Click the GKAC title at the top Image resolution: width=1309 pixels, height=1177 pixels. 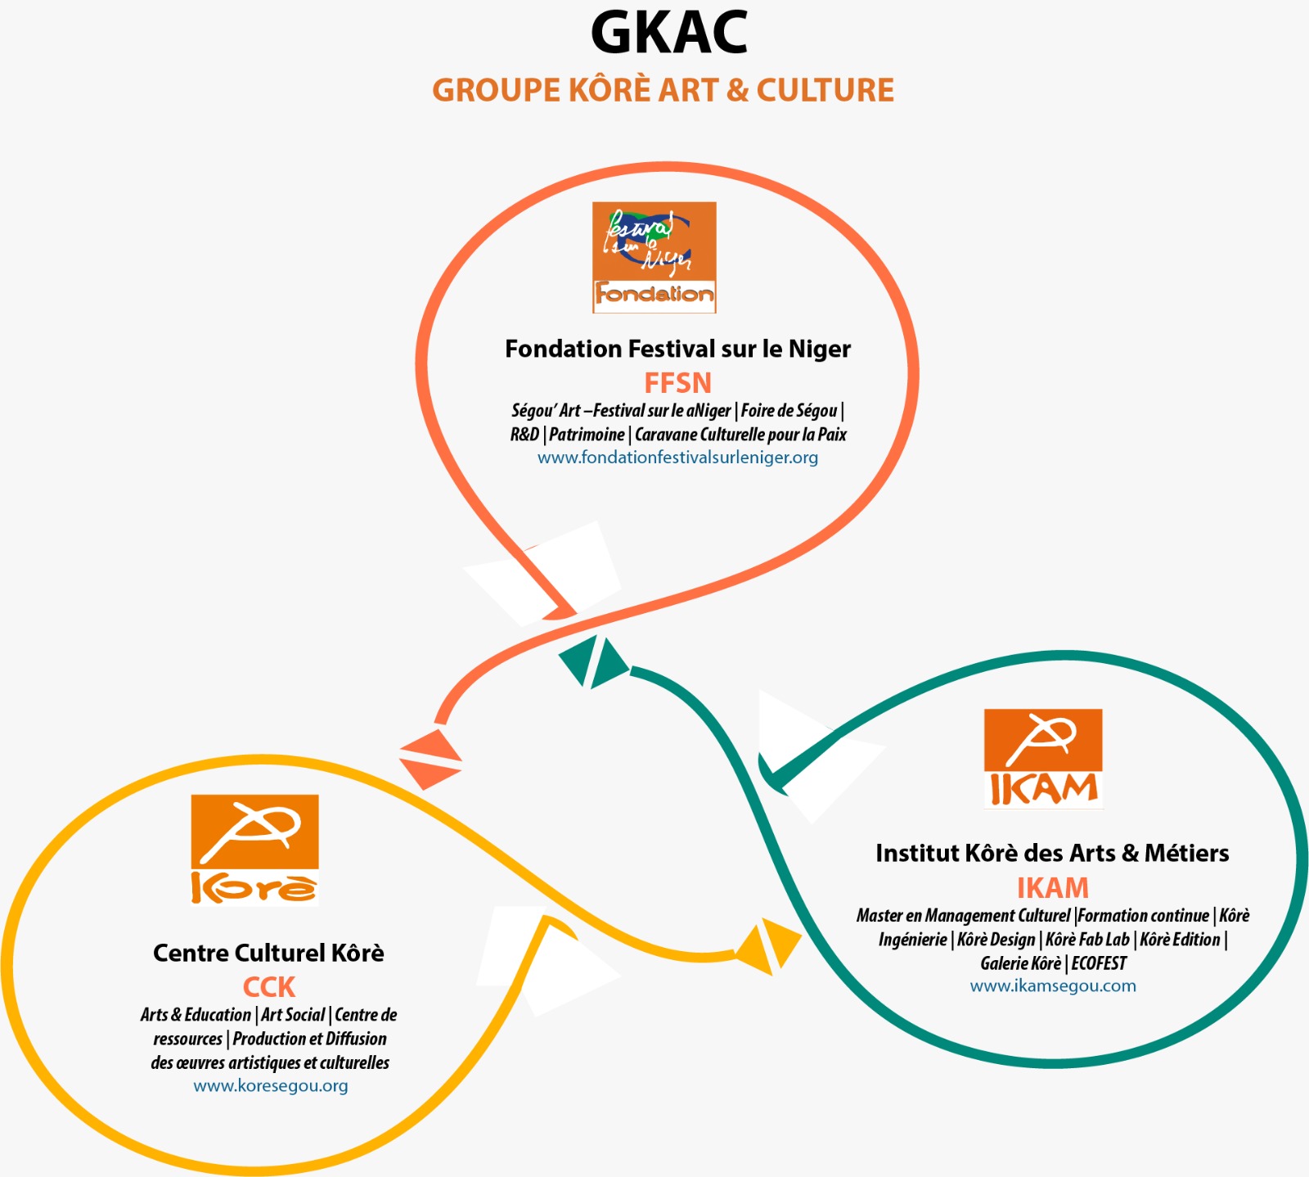pos(668,34)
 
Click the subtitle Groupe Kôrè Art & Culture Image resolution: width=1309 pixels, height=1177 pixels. pos(663,90)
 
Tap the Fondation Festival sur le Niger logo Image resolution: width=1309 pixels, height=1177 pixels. pos(654,257)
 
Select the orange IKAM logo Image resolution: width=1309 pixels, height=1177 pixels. pos(1042,759)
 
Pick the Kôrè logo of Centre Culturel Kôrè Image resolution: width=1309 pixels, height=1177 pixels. pos(254,850)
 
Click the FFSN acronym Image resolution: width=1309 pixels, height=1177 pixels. pos(677,383)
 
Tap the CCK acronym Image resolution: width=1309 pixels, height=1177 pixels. pos(268,987)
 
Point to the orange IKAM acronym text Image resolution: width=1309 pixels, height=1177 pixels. pos(1052,888)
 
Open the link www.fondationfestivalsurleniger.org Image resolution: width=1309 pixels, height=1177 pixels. pos(677,458)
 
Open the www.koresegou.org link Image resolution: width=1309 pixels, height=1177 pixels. pos(270,1086)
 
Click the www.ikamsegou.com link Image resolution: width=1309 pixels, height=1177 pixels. pos(1052,986)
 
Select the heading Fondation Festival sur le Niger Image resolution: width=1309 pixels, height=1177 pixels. pos(677,349)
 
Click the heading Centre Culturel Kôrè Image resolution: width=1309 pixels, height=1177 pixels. pos(268,954)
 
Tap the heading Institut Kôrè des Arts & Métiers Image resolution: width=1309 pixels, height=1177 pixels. pos(1052,854)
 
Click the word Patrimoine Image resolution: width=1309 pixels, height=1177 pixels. pos(587,435)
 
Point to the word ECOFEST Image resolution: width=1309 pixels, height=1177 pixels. pos(1099,963)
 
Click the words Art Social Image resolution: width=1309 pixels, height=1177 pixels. pos(293,1015)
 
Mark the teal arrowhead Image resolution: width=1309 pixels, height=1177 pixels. pos(595,661)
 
